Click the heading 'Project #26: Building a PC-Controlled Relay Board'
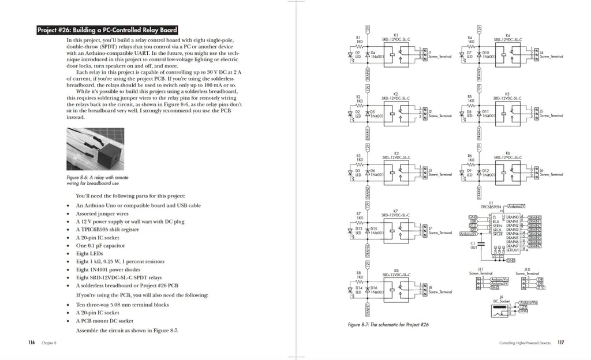pos(107,30)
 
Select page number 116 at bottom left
pos(31,342)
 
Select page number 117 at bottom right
pos(560,343)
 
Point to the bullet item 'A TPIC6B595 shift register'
pos(107,229)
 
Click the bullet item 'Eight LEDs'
pos(89,253)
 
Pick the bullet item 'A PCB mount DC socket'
pos(104,321)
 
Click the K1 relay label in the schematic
pos(396,35)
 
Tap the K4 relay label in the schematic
pos(507,35)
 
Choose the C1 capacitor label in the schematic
pos(473,243)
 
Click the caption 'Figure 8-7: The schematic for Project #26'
pos(388,325)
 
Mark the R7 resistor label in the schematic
pos(358,213)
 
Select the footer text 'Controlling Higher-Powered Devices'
pos(526,343)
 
